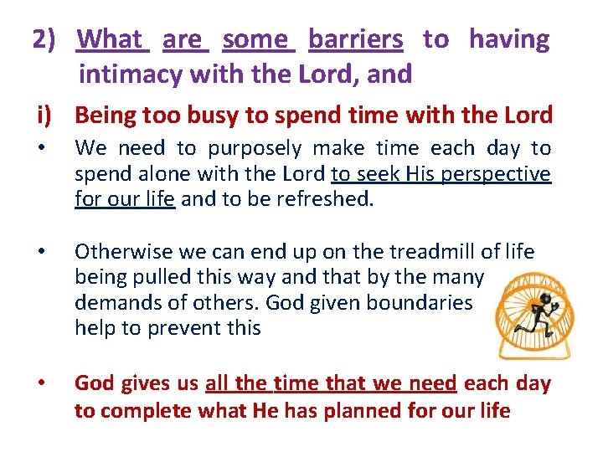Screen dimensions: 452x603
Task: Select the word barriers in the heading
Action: pos(355,39)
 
